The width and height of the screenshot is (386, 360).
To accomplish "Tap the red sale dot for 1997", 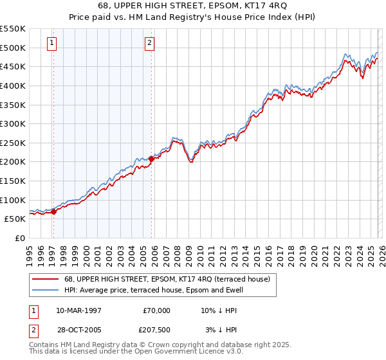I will pyautogui.click(x=54, y=212).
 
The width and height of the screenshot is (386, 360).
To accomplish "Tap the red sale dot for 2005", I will pyautogui.click(x=152, y=159).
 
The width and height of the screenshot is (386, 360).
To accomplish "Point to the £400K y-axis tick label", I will pyautogui.click(x=13, y=85).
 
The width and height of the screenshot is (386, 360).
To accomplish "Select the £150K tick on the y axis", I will pyautogui.click(x=13, y=181).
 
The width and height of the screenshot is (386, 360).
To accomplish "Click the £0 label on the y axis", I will pyautogui.click(x=21, y=238).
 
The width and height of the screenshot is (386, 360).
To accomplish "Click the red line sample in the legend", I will pyautogui.click(x=45, y=279).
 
